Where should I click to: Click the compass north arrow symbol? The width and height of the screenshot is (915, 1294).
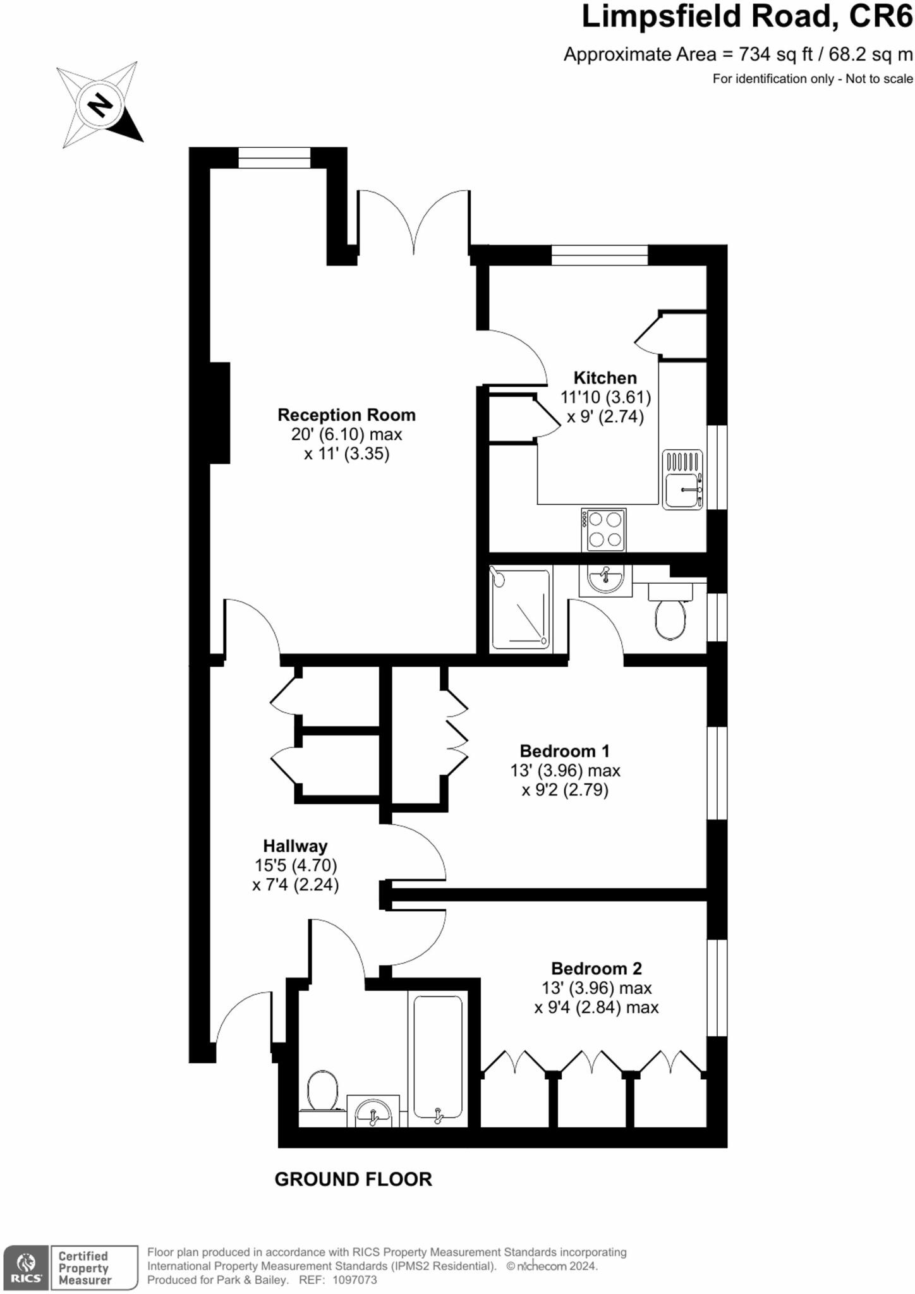100,105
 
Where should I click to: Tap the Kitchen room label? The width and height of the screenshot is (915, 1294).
605,378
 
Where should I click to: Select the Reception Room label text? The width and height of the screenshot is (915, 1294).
346,415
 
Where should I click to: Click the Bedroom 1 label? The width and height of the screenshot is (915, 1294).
564,751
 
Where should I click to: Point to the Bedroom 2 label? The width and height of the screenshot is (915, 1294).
596,968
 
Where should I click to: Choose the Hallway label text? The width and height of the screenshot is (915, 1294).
295,845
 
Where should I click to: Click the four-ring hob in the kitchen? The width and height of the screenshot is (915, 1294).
603,529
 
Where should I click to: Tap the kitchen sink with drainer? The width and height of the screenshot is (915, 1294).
682,480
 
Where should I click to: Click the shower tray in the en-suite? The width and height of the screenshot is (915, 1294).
520,609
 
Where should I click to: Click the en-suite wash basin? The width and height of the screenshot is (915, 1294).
605,579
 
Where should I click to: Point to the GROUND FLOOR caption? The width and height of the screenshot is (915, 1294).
353,1179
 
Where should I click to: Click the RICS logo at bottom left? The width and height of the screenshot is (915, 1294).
26,1268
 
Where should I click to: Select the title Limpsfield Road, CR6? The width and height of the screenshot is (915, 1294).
747,17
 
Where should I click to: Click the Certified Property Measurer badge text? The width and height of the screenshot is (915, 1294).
85,1268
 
